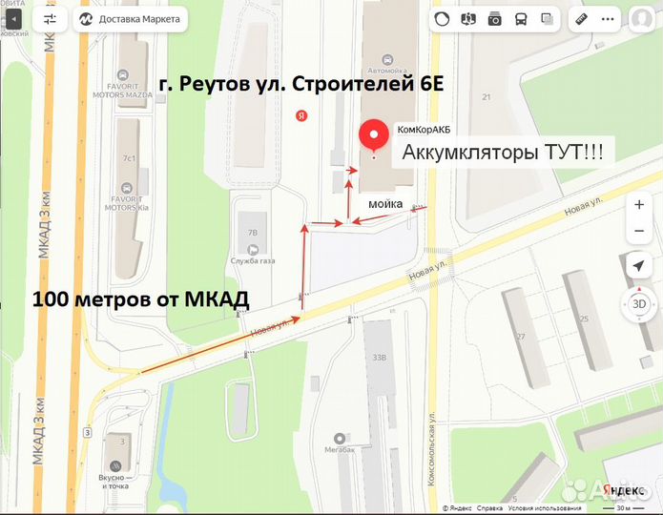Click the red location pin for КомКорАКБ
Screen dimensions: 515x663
tap(371, 138)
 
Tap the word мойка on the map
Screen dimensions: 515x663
tap(385, 202)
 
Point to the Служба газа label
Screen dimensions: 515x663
tap(253, 261)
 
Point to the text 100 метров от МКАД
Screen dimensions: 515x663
tap(140, 299)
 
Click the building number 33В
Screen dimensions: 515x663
tap(379, 359)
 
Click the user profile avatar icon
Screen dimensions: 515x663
tap(641, 18)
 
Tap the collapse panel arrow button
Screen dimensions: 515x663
tap(12, 18)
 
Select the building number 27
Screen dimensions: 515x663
tap(520, 337)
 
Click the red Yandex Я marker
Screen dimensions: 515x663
tap(301, 115)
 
